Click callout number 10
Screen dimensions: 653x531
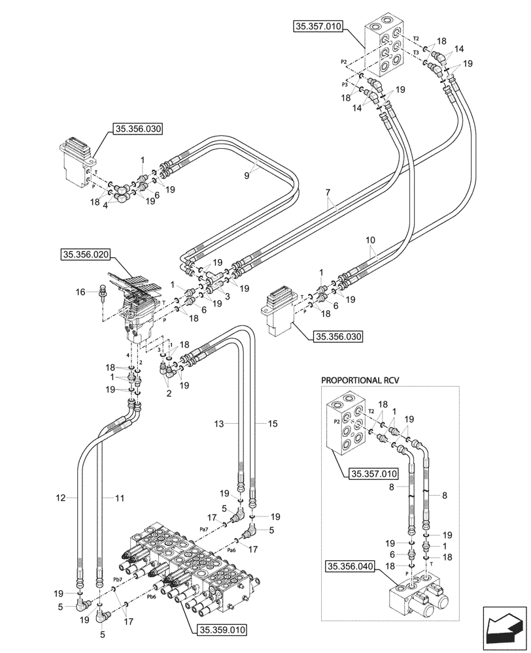(x=371, y=240)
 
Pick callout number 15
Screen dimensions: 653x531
(x=272, y=424)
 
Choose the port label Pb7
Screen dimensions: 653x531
(x=118, y=579)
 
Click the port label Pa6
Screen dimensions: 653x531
(x=231, y=550)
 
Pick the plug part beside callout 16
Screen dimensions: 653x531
(x=101, y=293)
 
